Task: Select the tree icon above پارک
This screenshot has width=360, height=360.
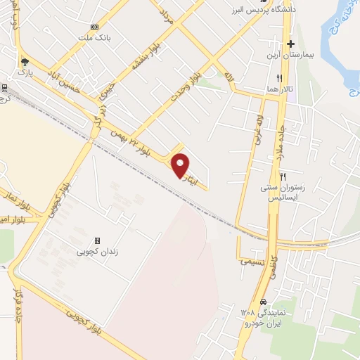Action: (x=26, y=62)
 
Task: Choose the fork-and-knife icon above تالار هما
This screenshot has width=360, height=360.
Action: (x=280, y=78)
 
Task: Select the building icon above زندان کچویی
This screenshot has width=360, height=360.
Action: (x=98, y=240)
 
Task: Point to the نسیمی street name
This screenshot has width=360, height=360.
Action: (x=251, y=259)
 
